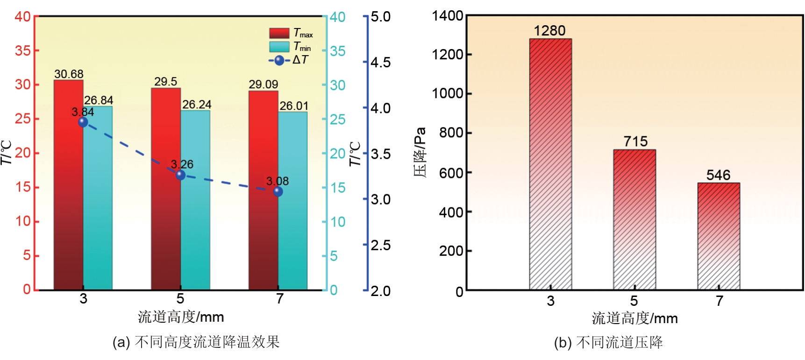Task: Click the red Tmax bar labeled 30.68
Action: point(68,187)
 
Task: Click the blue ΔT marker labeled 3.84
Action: point(83,122)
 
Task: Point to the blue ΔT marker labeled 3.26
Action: point(180,175)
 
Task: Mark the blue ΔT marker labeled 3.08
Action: point(278,191)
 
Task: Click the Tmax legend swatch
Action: point(279,33)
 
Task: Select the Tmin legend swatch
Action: point(279,47)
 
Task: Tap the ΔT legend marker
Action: point(279,60)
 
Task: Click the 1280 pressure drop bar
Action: point(550,163)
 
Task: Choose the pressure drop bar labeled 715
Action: point(634,219)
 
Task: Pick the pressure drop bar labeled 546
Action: point(719,236)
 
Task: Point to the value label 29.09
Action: point(263,85)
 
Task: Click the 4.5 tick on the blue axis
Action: point(380,63)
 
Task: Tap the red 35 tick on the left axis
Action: point(22,50)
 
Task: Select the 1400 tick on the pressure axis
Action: point(447,16)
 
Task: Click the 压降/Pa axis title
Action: point(420,152)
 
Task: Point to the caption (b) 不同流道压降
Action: point(608,343)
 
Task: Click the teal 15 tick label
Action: point(338,188)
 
